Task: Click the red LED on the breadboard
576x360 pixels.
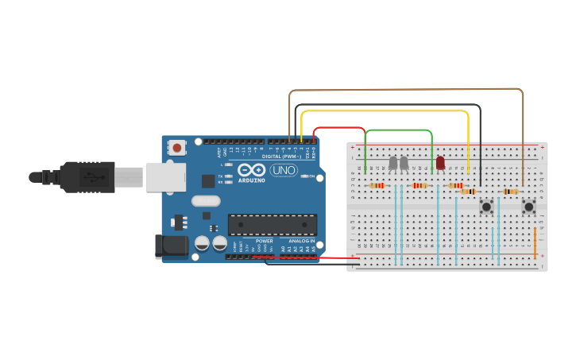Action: pos(440,163)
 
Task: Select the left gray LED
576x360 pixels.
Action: pos(392,163)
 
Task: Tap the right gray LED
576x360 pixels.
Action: pos(404,163)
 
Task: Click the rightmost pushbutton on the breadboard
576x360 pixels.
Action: pos(528,207)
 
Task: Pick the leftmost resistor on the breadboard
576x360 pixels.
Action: pos(377,186)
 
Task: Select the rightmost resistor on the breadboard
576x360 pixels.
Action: pos(510,192)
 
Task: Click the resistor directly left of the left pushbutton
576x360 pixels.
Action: pos(468,192)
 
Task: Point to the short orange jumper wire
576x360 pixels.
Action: pos(535,242)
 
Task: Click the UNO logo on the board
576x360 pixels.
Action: pos(284,170)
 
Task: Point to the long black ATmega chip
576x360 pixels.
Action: pos(273,224)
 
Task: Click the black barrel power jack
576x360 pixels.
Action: pos(172,246)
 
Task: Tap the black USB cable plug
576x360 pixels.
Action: pos(87,177)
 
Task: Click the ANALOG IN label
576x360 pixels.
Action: pos(301,240)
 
